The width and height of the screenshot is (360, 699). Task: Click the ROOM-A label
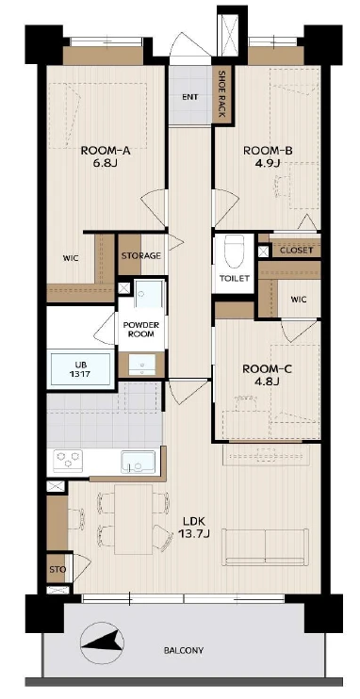click(106, 151)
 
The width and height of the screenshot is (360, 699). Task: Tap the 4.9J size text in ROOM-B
click(268, 162)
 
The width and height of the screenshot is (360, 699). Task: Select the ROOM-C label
click(267, 369)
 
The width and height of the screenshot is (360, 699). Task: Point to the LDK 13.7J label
click(193, 527)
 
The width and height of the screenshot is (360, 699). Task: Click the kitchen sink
click(138, 462)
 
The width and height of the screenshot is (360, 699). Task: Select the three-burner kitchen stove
click(68, 461)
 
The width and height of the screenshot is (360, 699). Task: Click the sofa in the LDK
click(266, 546)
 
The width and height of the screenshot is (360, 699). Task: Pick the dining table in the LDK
click(134, 519)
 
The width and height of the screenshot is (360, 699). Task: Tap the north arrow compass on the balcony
click(102, 642)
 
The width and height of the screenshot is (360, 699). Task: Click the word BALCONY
click(184, 650)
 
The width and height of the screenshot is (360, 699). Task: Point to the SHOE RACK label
click(221, 94)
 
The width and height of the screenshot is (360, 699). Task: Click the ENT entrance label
click(190, 97)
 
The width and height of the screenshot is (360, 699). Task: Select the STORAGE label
click(141, 256)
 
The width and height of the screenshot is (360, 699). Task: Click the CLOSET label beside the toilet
click(297, 250)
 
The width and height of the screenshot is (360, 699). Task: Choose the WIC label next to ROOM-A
click(71, 258)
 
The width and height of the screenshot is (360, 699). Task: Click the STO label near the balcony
click(58, 570)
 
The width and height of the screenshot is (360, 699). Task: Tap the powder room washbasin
click(142, 364)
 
